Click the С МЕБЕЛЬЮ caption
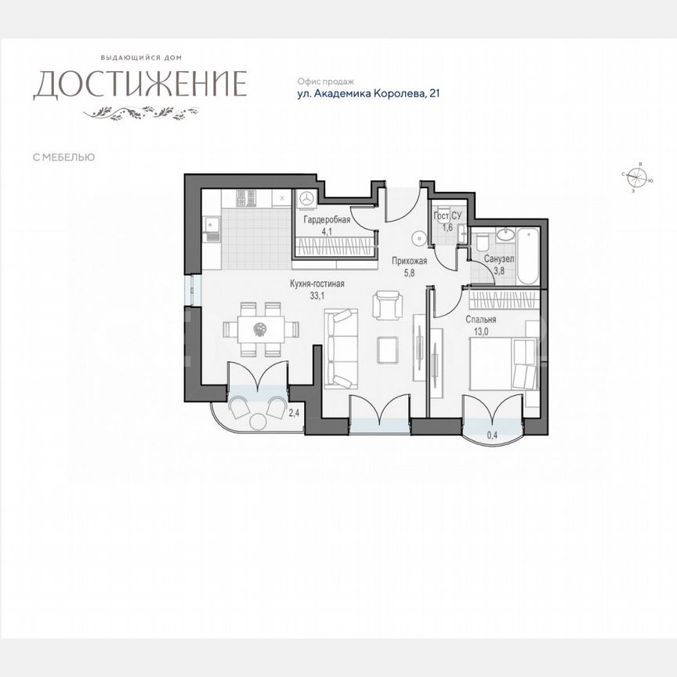(x=63, y=157)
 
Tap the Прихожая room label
(x=409, y=262)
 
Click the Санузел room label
(x=499, y=259)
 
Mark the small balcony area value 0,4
(x=492, y=434)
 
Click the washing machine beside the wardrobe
(x=306, y=197)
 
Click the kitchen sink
(x=211, y=229)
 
